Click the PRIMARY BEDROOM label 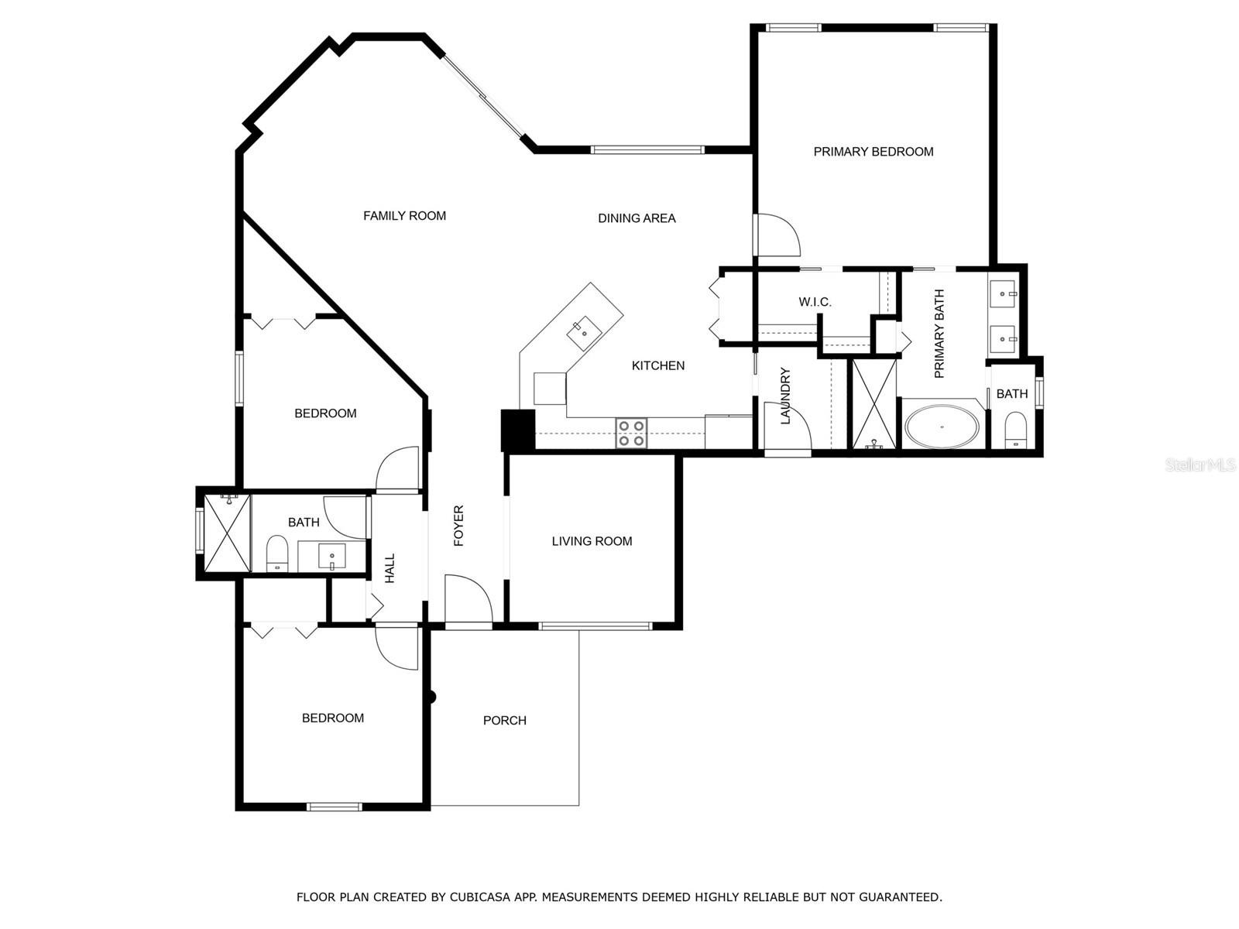pos(873,152)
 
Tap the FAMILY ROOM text pos(404,216)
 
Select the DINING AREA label pos(637,218)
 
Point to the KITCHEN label pos(657,365)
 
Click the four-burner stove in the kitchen pos(631,434)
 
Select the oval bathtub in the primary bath pos(942,427)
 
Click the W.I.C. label pos(815,303)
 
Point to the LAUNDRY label pos(785,396)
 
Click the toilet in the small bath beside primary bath pos(1015,429)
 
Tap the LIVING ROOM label pos(592,541)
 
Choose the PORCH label pos(505,721)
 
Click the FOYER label pos(458,526)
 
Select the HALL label pos(390,568)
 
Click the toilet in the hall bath pos(276,554)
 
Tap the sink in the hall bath pos(332,557)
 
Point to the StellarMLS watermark pos(1200,465)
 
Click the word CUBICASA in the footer pos(475,896)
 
